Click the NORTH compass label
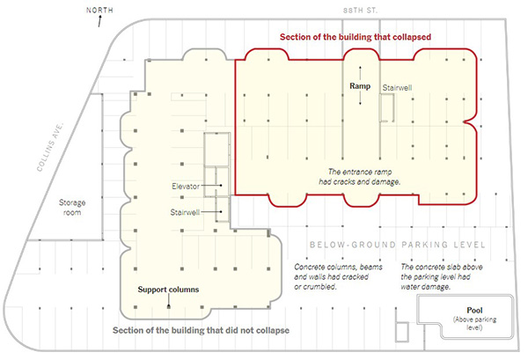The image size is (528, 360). (x=99, y=10)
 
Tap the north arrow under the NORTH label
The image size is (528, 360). (x=99, y=21)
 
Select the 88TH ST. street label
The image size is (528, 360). (x=360, y=11)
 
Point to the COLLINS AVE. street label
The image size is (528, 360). (x=50, y=147)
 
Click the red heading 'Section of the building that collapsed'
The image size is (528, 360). (x=356, y=37)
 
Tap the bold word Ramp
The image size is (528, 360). (x=360, y=86)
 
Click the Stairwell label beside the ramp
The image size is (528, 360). (x=397, y=88)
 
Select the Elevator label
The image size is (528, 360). (x=186, y=187)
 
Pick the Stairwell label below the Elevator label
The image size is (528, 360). (x=185, y=212)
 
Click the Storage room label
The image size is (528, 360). (x=72, y=208)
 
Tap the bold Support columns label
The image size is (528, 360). (x=168, y=290)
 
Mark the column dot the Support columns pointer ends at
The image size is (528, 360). (x=169, y=307)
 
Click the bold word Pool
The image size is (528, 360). (x=474, y=310)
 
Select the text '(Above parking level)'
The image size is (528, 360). (x=474, y=323)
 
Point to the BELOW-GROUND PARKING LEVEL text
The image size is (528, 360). (x=398, y=245)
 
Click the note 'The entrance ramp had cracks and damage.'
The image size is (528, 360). (x=360, y=177)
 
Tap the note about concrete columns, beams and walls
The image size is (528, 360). (x=338, y=276)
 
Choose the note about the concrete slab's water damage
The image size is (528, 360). (x=442, y=276)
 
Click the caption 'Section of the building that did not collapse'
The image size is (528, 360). (x=201, y=330)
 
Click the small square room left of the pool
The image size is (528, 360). (x=402, y=332)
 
